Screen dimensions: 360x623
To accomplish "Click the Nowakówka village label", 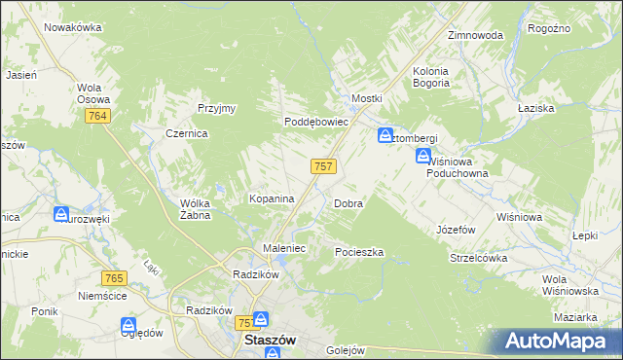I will point(73,27).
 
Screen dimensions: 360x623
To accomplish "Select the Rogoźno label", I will point(548,29).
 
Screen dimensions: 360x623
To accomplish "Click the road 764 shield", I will point(98,117).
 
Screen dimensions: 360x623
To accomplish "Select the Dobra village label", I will point(348,204).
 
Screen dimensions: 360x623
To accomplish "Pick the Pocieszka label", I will point(359,252).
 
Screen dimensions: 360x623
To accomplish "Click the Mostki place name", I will point(367,99).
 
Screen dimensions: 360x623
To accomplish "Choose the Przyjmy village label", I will point(217,108).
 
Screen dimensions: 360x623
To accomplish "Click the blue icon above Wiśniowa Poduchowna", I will point(423,156).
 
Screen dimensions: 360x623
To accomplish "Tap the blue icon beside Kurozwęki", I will point(60,213).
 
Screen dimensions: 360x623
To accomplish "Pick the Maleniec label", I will point(285,249).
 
